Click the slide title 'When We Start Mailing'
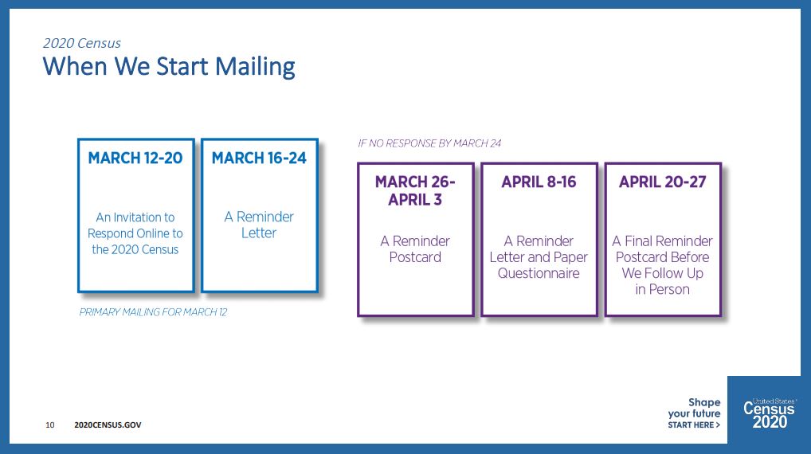(169, 67)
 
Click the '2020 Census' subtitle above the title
(82, 43)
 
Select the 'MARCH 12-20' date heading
(135, 158)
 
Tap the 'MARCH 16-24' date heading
(259, 158)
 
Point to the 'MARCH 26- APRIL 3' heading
(415, 190)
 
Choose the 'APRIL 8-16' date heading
(539, 182)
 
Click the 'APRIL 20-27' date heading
(663, 182)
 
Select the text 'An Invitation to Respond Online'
(135, 225)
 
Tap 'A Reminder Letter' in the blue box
(259, 225)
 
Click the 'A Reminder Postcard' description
(415, 249)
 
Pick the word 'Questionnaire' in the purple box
(539, 273)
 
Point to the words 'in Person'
(663, 289)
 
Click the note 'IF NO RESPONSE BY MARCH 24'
(429, 143)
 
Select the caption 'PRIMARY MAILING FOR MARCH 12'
(153, 311)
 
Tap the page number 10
(50, 425)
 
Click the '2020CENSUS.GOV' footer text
(108, 425)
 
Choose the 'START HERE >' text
(694, 425)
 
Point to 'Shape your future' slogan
(694, 408)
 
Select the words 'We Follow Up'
(663, 273)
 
